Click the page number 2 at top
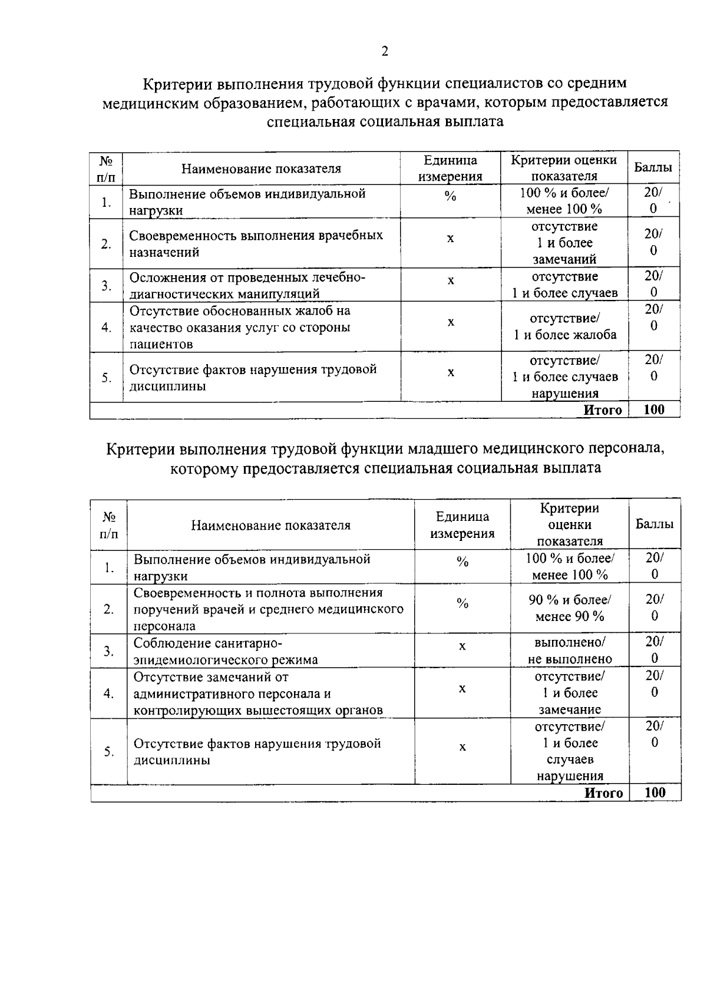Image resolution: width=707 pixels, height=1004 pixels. [x=385, y=52]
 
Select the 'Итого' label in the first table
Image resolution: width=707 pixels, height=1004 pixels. [x=602, y=411]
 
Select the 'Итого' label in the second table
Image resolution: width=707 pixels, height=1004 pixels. [x=603, y=793]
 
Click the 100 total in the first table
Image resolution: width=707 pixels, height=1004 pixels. [x=654, y=410]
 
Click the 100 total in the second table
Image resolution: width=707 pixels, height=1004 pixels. [x=655, y=792]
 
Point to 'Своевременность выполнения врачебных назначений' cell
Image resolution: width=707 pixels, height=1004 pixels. [x=256, y=243]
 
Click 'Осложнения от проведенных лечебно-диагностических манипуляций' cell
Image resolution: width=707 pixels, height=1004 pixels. [x=247, y=285]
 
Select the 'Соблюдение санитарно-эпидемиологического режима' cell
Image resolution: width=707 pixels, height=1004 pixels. [x=226, y=651]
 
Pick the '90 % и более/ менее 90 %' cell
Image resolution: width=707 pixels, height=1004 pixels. [x=569, y=608]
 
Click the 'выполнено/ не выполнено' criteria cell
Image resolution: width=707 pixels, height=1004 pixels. [x=569, y=650]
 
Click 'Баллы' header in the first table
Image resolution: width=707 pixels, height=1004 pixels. [x=653, y=167]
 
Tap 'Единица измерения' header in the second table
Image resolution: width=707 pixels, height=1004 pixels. [x=462, y=525]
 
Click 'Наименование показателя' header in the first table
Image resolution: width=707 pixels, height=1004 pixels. [x=261, y=169]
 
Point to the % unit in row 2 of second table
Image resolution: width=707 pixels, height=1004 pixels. [x=462, y=603]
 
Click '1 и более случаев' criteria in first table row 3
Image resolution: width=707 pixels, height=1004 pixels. [x=565, y=293]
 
